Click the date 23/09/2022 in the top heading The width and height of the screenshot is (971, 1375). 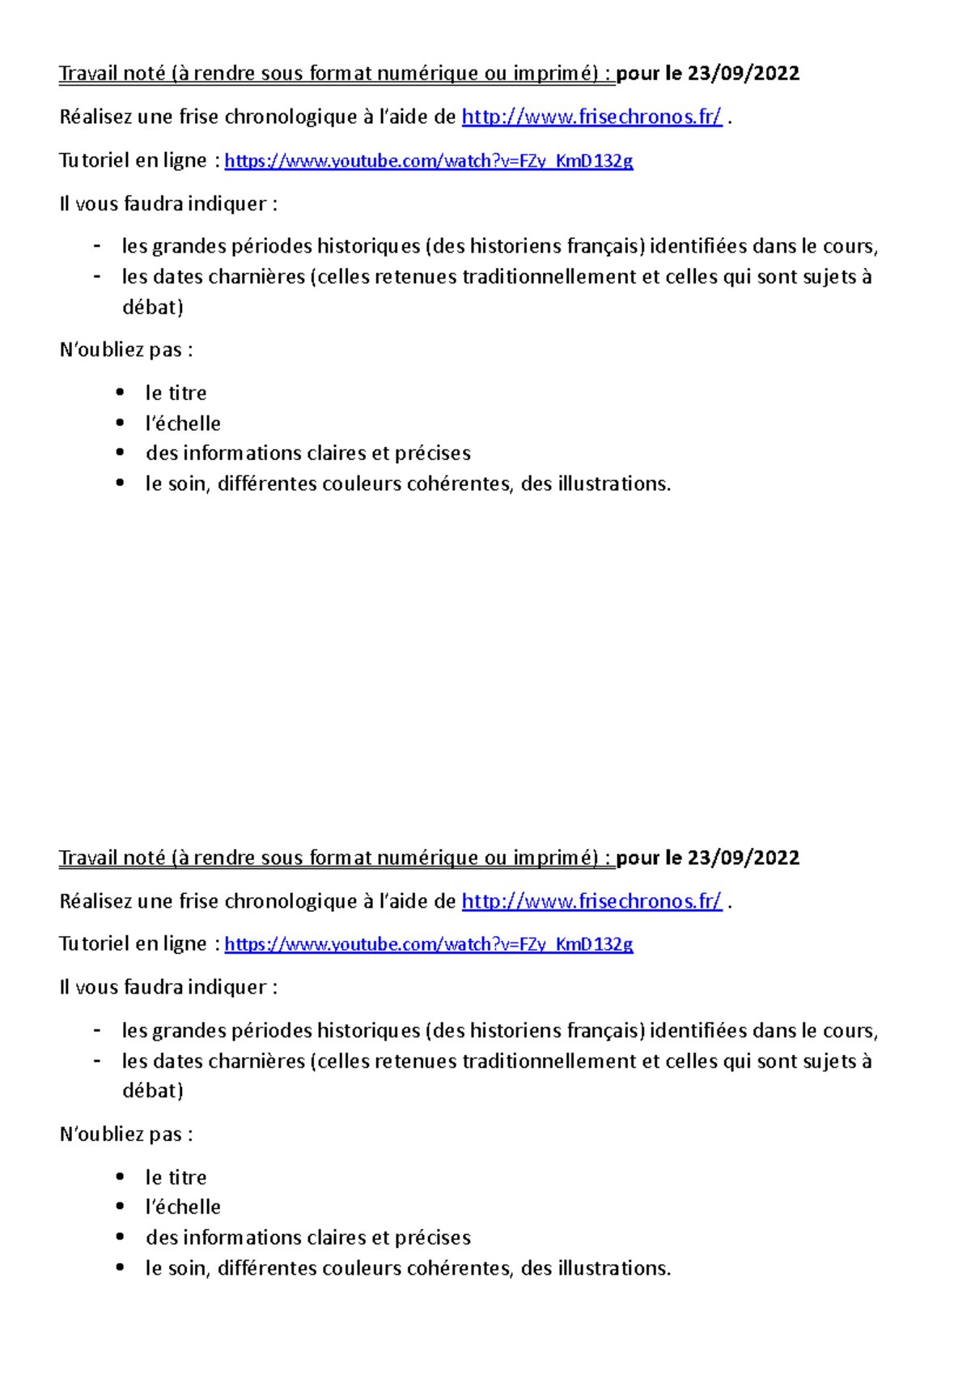click(x=743, y=74)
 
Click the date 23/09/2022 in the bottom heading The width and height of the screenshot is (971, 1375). click(x=743, y=858)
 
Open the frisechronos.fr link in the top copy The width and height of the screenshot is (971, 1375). click(x=591, y=117)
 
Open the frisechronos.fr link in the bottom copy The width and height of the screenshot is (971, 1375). click(x=591, y=901)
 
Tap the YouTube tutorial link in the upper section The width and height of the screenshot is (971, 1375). click(x=428, y=161)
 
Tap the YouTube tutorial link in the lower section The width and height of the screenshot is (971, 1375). click(x=428, y=944)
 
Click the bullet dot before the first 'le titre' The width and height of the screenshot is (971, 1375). click(x=120, y=393)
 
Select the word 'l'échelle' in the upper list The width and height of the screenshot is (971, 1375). click(x=183, y=424)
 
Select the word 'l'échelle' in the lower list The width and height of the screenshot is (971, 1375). click(x=183, y=1207)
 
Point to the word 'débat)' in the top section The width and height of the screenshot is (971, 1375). click(x=152, y=308)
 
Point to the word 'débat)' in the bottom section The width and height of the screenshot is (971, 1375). click(x=152, y=1091)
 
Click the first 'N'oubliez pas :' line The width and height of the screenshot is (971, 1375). click(x=126, y=350)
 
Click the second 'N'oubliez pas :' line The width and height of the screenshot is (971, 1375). click(x=126, y=1134)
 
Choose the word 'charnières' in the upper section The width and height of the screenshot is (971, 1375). click(x=257, y=277)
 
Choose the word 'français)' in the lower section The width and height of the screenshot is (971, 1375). click(x=606, y=1031)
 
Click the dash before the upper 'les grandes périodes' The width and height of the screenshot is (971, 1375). click(x=97, y=246)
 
